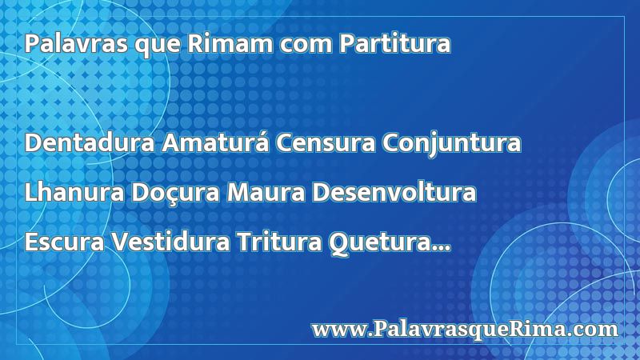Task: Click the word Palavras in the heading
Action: tap(76, 43)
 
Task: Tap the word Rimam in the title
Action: tap(230, 43)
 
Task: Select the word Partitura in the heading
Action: tap(395, 43)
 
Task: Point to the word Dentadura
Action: tap(90, 142)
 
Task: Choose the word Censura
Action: tap(326, 142)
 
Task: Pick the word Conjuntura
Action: tap(451, 143)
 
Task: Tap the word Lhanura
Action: tap(74, 192)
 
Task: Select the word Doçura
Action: tap(175, 193)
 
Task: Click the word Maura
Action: tap(266, 192)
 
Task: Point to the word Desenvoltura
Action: tap(394, 192)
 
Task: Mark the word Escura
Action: tap(65, 242)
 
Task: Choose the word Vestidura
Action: tap(171, 242)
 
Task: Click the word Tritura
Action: tap(279, 242)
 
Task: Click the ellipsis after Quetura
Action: tap(442, 249)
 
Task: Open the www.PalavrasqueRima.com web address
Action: tap(465, 330)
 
